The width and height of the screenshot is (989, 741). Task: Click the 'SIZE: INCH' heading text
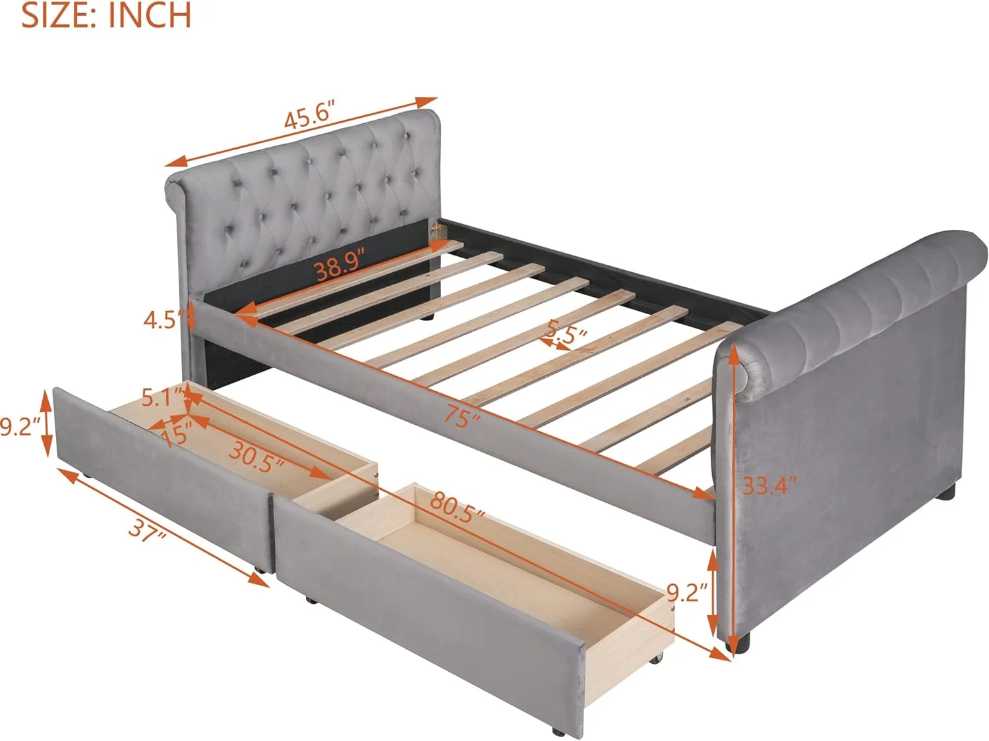pos(106,15)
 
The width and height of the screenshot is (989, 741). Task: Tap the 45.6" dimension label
pos(311,117)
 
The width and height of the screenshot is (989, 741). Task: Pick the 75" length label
pos(462,416)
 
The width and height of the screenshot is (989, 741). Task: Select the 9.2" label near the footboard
pos(687,593)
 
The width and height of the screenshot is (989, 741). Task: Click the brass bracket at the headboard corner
pos(437,232)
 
